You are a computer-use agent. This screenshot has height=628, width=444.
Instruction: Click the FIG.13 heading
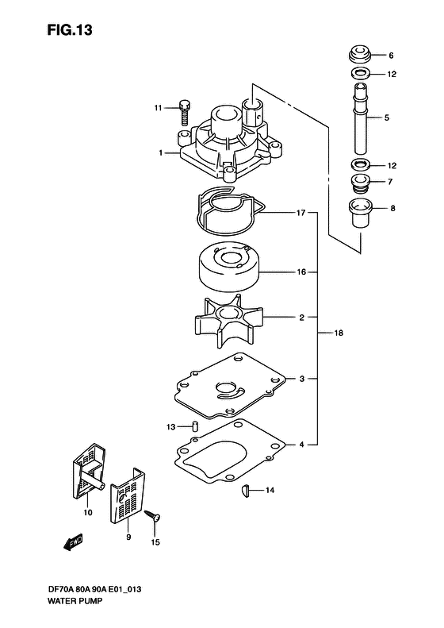click(x=70, y=30)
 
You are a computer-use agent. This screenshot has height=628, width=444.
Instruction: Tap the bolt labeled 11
click(x=184, y=113)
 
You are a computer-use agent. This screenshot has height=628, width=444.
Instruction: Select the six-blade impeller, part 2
click(x=229, y=321)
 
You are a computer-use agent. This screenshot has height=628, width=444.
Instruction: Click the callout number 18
click(x=339, y=333)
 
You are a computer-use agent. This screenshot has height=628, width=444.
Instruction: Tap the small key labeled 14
click(x=245, y=491)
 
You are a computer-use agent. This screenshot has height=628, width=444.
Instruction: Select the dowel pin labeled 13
click(x=194, y=426)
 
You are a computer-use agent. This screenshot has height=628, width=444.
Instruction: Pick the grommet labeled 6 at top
click(x=360, y=55)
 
